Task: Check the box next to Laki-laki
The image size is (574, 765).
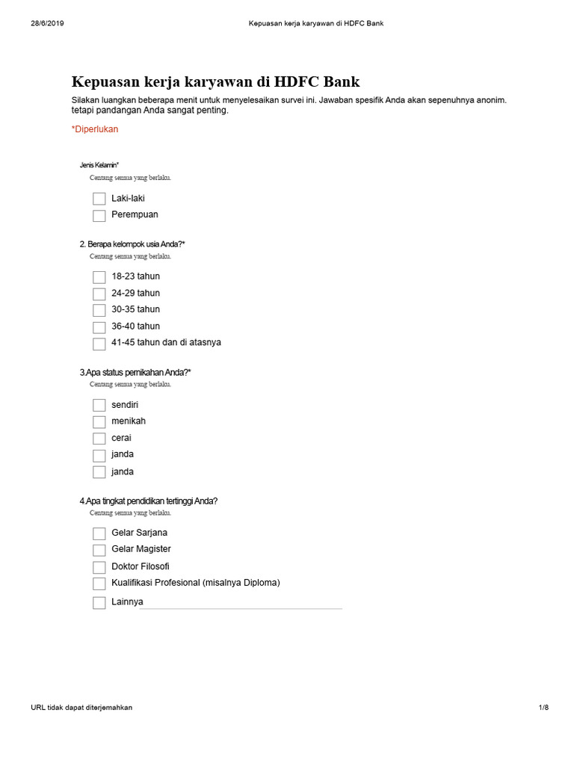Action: pyautogui.click(x=99, y=199)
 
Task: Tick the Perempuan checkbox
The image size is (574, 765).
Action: pyautogui.click(x=99, y=215)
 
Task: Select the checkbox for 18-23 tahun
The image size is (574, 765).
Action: pyautogui.click(x=99, y=277)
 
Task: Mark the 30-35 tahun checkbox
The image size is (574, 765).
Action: pyautogui.click(x=99, y=310)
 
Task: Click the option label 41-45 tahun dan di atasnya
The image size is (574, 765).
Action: pyautogui.click(x=166, y=343)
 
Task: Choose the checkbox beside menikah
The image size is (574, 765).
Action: pyautogui.click(x=99, y=422)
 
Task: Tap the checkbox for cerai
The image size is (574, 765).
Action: pyautogui.click(x=99, y=439)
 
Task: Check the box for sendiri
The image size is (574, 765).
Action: pyautogui.click(x=99, y=405)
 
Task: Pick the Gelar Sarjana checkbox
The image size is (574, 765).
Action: pyautogui.click(x=99, y=533)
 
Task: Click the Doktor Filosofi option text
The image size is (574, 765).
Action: pyautogui.click(x=140, y=566)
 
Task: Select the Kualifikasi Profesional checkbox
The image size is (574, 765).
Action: pyautogui.click(x=99, y=583)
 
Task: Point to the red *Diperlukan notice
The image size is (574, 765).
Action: pyautogui.click(x=95, y=129)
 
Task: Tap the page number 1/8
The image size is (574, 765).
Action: pyautogui.click(x=543, y=707)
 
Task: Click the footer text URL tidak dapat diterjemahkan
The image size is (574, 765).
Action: pyautogui.click(x=81, y=707)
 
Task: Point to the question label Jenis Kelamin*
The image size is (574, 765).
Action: pyautogui.click(x=99, y=164)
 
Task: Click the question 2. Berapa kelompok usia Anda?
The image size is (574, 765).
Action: pyautogui.click(x=132, y=244)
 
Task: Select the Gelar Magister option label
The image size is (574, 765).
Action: pyautogui.click(x=141, y=549)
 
